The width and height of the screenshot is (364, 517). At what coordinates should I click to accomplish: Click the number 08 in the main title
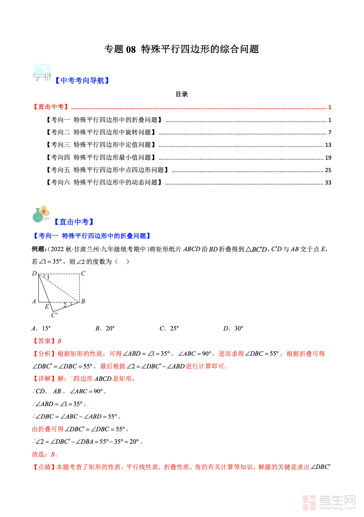(x=131, y=49)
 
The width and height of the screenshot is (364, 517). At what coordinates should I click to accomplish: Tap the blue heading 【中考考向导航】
(x=82, y=81)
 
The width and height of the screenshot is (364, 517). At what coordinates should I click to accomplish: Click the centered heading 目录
(x=182, y=94)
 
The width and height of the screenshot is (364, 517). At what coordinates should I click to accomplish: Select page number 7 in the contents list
(x=330, y=132)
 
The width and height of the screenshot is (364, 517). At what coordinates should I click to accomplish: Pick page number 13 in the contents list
(x=328, y=145)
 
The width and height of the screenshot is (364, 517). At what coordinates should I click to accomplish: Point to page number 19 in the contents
(x=328, y=158)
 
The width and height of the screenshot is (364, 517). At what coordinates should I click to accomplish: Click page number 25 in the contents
(x=328, y=170)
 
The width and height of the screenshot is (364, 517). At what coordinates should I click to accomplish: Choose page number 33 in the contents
(x=328, y=183)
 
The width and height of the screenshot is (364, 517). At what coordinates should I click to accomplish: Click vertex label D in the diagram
(x=34, y=274)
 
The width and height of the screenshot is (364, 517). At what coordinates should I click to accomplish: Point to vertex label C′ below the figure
(x=54, y=315)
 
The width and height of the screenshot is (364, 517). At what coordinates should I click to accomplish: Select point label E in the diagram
(x=47, y=306)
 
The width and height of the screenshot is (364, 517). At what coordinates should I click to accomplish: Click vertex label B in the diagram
(x=83, y=301)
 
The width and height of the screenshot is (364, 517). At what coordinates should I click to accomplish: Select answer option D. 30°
(x=233, y=328)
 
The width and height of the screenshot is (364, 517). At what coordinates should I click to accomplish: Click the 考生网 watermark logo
(x=329, y=503)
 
